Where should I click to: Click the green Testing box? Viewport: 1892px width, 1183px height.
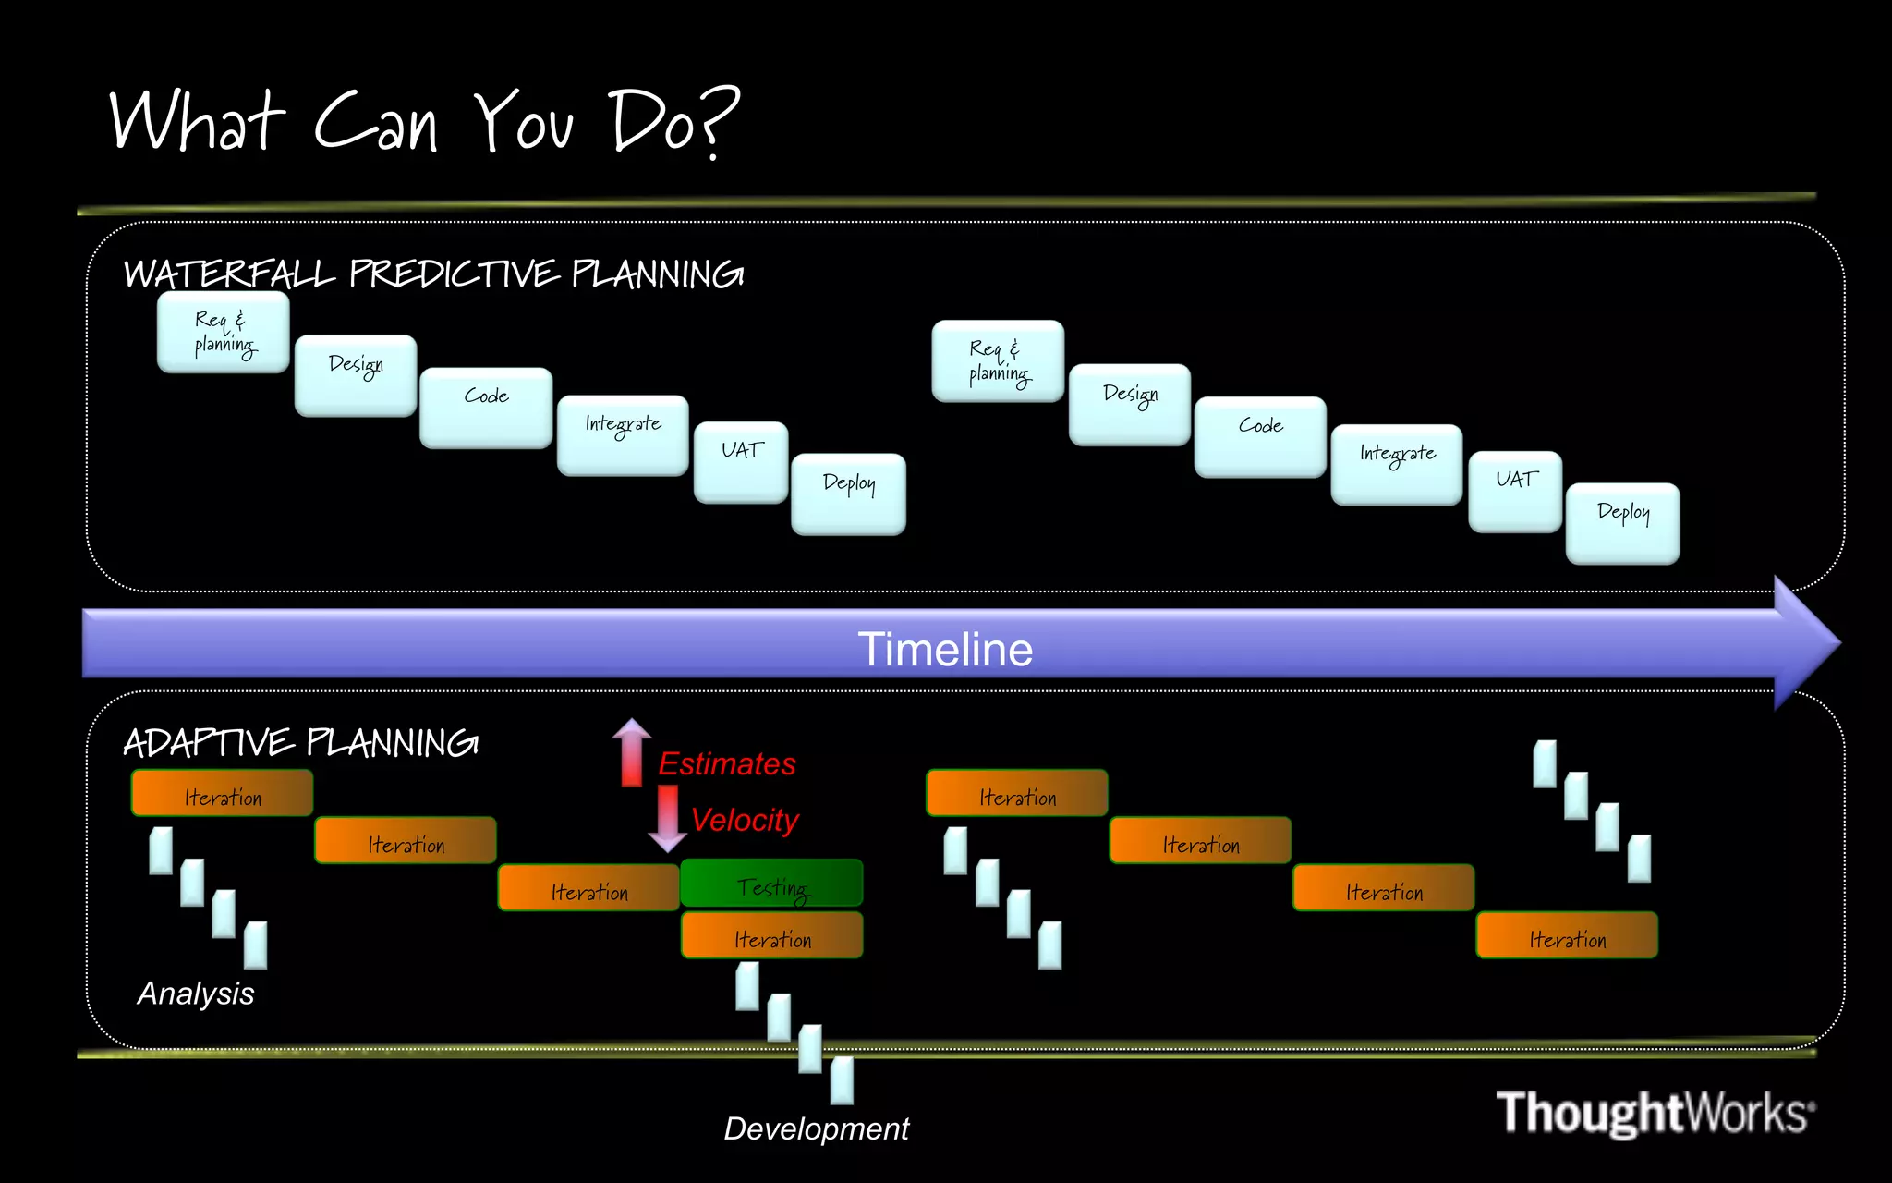(771, 884)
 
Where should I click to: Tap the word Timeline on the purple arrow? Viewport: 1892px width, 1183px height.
(944, 649)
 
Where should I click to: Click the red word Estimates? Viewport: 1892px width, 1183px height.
(726, 764)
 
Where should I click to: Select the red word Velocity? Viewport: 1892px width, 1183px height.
(744, 820)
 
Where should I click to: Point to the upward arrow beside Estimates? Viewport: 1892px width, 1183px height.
(632, 752)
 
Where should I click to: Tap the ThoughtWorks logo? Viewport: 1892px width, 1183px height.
(1655, 1112)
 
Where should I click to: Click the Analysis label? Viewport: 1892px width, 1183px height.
(196, 994)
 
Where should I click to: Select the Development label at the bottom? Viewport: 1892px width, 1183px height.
(816, 1128)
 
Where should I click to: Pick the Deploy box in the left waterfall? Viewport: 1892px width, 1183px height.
(848, 494)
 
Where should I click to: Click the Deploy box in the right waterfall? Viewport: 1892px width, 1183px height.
(1622, 523)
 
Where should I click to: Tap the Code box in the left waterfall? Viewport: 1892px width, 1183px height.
(486, 408)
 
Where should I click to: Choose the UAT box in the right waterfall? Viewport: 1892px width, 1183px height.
(1515, 491)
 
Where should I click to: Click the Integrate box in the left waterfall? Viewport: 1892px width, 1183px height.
(623, 435)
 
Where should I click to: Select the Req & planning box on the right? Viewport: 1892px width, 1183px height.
(998, 360)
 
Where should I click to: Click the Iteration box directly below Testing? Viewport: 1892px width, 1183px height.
(771, 935)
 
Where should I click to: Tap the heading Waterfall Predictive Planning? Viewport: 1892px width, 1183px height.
(433, 274)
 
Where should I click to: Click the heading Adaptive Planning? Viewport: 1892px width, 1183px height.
(300, 743)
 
